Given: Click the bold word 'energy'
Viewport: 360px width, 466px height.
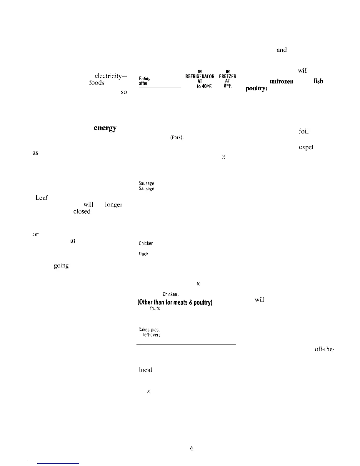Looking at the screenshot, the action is tap(105, 129).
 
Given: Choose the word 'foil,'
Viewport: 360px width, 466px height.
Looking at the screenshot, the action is tap(304, 132).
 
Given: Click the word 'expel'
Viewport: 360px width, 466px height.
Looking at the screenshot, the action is tap(306, 147).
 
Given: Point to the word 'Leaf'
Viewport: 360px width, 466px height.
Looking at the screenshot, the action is tap(41, 198).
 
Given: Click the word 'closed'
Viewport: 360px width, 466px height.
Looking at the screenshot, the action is tap(82, 212).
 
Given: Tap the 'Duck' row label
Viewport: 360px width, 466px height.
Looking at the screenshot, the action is tap(144, 254).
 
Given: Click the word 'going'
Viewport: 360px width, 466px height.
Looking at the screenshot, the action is tap(61, 266).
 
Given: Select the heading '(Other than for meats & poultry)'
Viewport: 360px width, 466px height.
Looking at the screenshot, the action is tap(175, 302).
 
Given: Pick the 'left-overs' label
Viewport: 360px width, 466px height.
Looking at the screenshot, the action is tap(151, 335).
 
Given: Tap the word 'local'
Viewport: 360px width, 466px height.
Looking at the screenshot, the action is tap(145, 370).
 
